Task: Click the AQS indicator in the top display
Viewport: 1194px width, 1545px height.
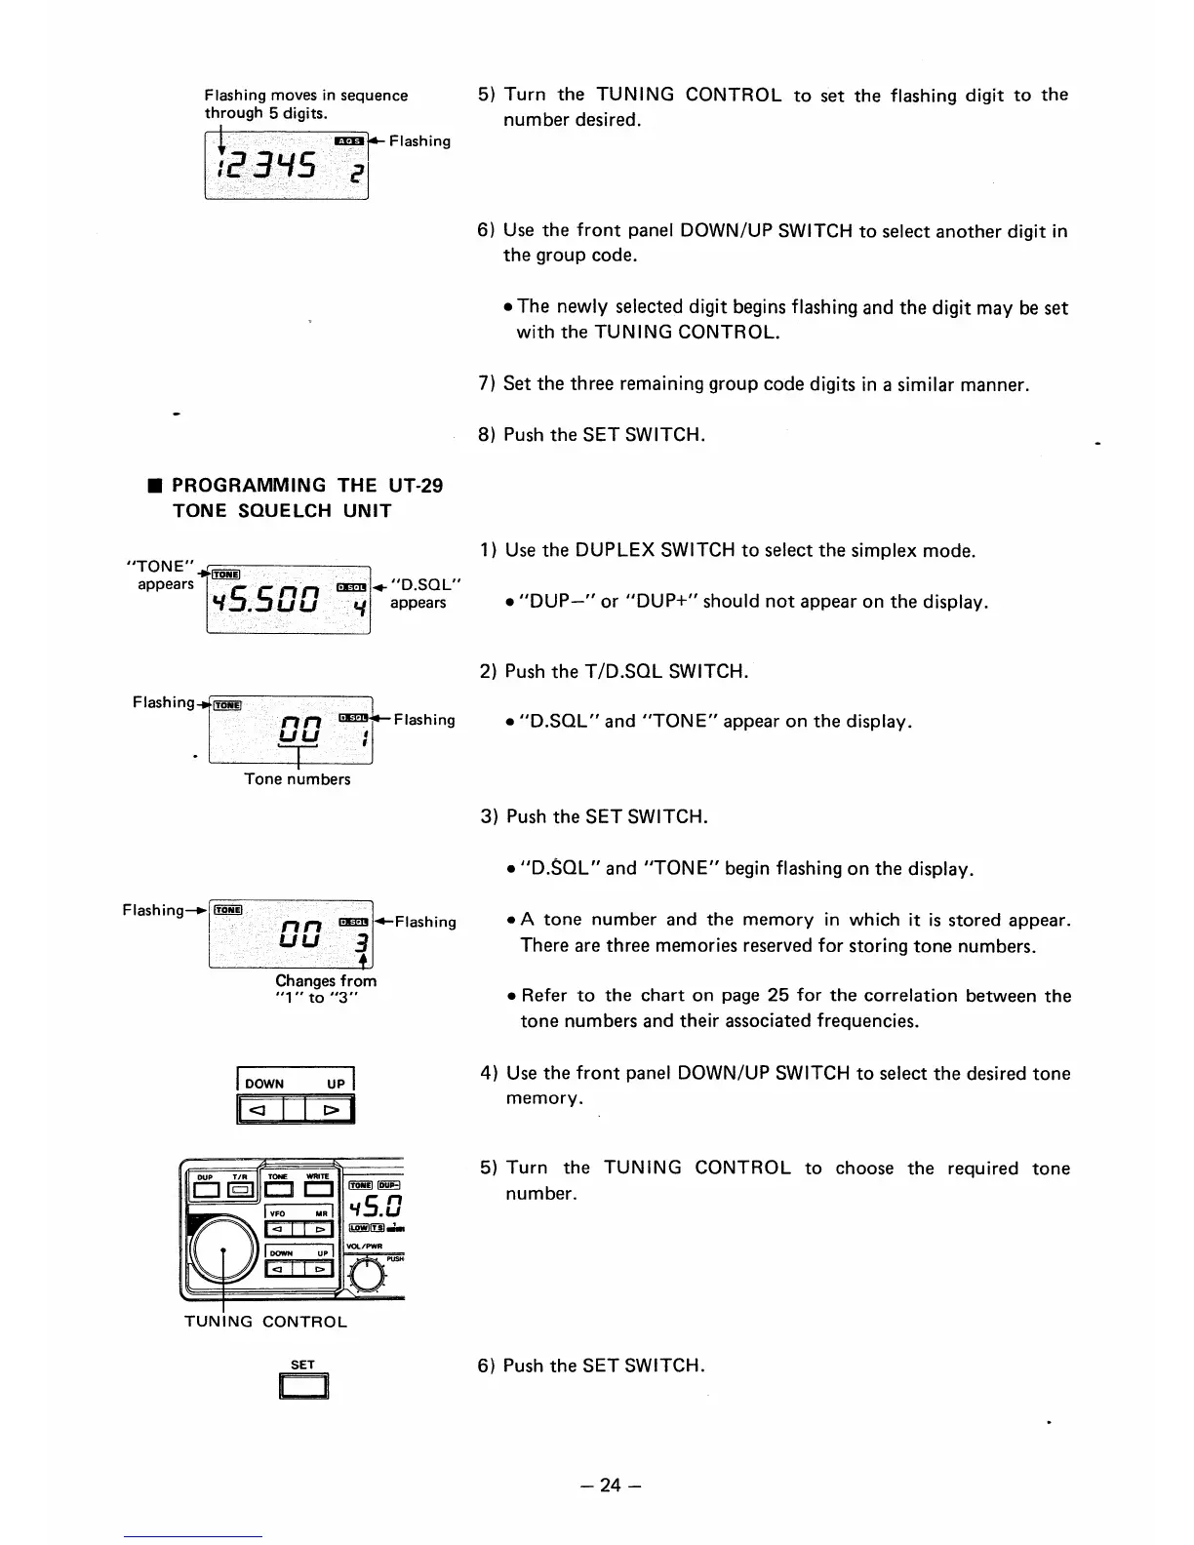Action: pyautogui.click(x=348, y=141)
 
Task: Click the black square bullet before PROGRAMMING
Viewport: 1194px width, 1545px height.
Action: pyautogui.click(x=153, y=486)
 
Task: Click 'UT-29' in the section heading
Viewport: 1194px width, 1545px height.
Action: pyautogui.click(x=416, y=486)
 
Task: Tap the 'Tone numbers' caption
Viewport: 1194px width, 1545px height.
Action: pyautogui.click(x=297, y=779)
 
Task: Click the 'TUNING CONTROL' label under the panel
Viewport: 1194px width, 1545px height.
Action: pyautogui.click(x=265, y=1323)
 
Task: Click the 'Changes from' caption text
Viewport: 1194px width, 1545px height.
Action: pyautogui.click(x=326, y=981)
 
